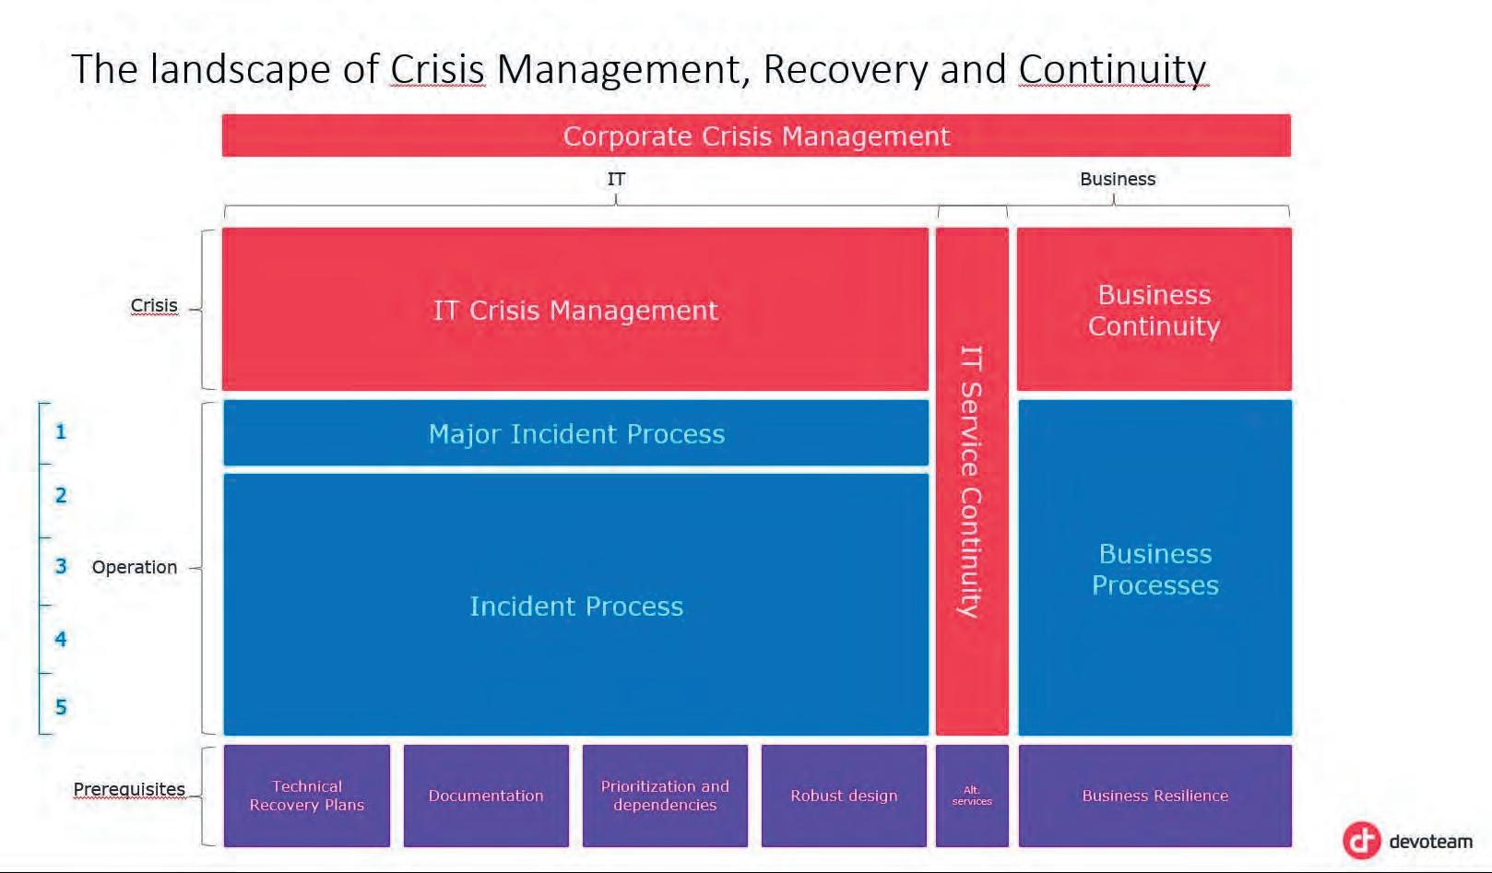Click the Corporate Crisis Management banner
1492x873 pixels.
(x=756, y=136)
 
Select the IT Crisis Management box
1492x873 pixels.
(x=575, y=310)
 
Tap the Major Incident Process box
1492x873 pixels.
(x=576, y=433)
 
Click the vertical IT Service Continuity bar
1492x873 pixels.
(x=972, y=480)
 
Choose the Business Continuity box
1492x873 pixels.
(x=1154, y=310)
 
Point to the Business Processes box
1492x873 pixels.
(x=1155, y=568)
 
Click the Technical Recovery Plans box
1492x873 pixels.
(x=307, y=795)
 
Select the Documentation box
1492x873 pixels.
(x=486, y=795)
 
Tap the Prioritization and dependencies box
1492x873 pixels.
(x=665, y=795)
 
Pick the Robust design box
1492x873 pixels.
(x=844, y=795)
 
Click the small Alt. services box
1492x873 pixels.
(x=972, y=795)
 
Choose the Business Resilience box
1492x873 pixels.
(x=1155, y=795)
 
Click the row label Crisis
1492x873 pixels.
(x=154, y=305)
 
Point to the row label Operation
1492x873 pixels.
(x=135, y=567)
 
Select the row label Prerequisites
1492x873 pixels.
(x=129, y=789)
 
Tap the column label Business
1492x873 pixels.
(x=1118, y=179)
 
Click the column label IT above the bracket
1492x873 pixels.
(x=616, y=179)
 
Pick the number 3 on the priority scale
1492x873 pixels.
(x=61, y=566)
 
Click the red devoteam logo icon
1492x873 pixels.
(x=1361, y=840)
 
